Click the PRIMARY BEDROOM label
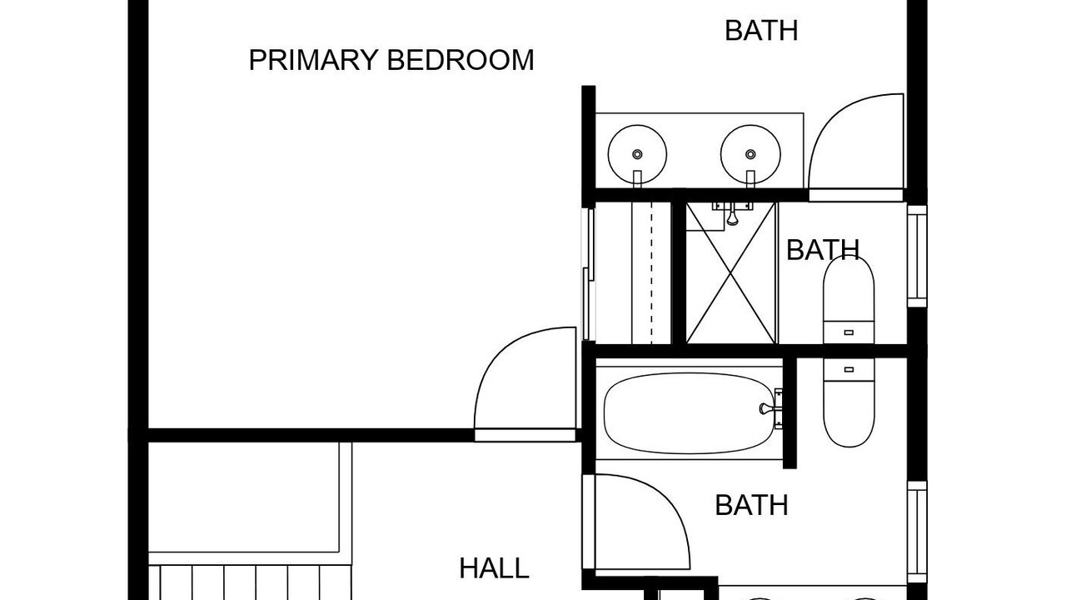tap(391, 60)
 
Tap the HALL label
tap(494, 568)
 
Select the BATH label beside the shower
tap(823, 249)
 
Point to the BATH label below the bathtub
tap(751, 505)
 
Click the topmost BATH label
tap(761, 31)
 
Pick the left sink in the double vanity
tap(637, 155)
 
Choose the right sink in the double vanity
tap(750, 155)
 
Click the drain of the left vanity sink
tap(637, 154)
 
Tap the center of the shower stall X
tap(731, 272)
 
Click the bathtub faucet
tap(767, 408)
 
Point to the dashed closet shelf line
tap(651, 272)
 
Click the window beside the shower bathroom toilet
tap(917, 256)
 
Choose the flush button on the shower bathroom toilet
tap(849, 332)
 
